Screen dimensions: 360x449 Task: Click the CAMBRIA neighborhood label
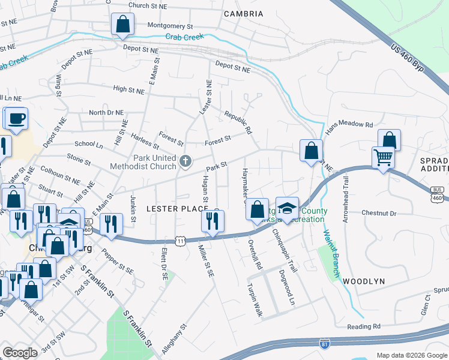pyautogui.click(x=243, y=14)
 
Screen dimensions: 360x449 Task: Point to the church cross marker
pyautogui.click(x=185, y=160)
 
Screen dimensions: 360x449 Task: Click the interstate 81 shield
pyautogui.click(x=324, y=344)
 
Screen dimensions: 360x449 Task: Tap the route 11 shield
pyautogui.click(x=180, y=241)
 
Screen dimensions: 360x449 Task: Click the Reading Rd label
pyautogui.click(x=364, y=326)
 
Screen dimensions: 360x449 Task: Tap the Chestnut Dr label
pyautogui.click(x=379, y=213)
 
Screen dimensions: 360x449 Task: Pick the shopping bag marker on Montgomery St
pyautogui.click(x=122, y=25)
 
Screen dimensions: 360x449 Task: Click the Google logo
pyautogui.click(x=20, y=353)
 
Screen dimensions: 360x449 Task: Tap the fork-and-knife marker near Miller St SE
pyautogui.click(x=212, y=222)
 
